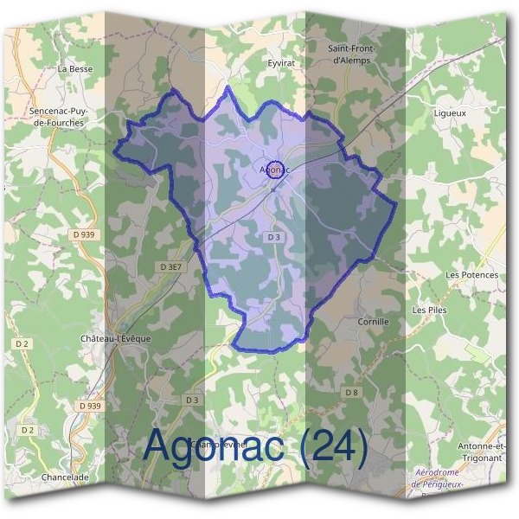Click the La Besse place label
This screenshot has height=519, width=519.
pyautogui.click(x=74, y=67)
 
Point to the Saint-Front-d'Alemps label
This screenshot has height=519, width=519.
pyautogui.click(x=349, y=54)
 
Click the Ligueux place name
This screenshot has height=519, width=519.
pyautogui.click(x=450, y=113)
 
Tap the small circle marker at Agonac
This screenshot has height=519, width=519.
pyautogui.click(x=275, y=169)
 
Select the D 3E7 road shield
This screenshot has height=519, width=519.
pyautogui.click(x=171, y=267)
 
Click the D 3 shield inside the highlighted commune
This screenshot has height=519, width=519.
pyautogui.click(x=274, y=236)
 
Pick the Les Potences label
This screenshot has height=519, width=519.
pyautogui.click(x=471, y=275)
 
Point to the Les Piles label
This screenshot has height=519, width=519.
pyautogui.click(x=430, y=309)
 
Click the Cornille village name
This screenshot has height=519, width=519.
pyautogui.click(x=373, y=321)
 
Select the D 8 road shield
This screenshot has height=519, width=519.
pyautogui.click(x=351, y=393)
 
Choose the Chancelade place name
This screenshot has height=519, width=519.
pyautogui.click(x=65, y=477)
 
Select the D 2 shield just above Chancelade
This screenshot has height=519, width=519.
pyautogui.click(x=28, y=430)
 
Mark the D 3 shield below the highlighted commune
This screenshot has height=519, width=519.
pyautogui.click(x=192, y=400)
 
